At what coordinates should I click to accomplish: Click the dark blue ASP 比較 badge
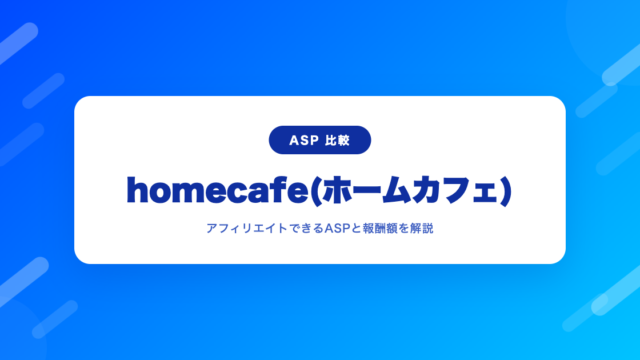[x=320, y=140]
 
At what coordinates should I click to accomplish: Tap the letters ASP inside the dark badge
[x=304, y=140]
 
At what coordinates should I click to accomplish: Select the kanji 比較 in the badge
[x=338, y=140]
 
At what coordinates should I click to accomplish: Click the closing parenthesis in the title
[x=506, y=191]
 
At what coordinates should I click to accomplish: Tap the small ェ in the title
[x=484, y=194]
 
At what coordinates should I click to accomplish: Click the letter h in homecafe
[x=138, y=190]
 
